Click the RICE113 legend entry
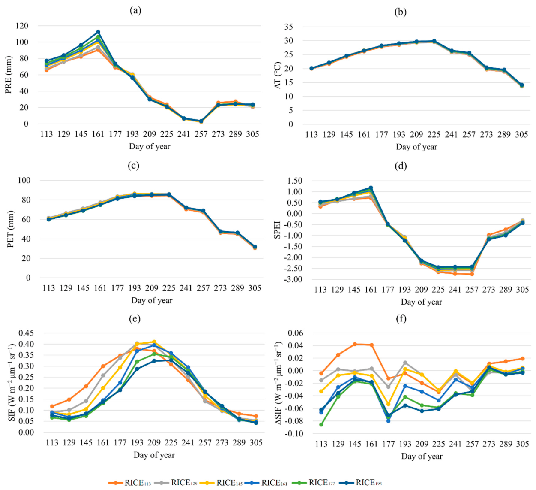[x=129, y=483]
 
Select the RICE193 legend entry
[x=361, y=483]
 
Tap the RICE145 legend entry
[x=222, y=483]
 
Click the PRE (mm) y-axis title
[x=9, y=75]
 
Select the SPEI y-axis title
[x=277, y=229]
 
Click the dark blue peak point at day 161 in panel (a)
[x=98, y=32]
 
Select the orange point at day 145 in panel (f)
[x=355, y=344]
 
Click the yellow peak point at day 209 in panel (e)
[x=154, y=342]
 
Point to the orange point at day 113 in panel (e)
[x=52, y=406]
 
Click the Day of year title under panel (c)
[x=152, y=300]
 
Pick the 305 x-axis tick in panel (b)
[x=521, y=135]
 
